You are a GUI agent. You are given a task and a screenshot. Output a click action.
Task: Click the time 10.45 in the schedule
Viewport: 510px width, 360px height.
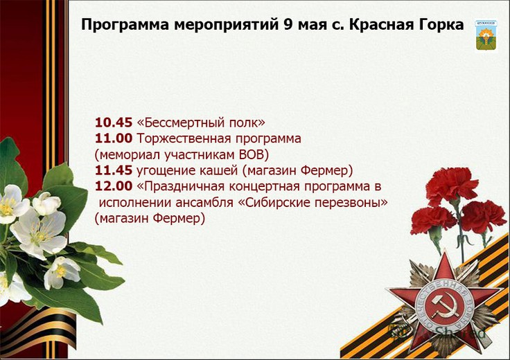pos(114,123)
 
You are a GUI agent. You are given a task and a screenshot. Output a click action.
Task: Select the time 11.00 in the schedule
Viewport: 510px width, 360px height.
pos(114,138)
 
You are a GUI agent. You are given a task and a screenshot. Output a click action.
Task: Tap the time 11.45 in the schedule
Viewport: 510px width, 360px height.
pos(114,170)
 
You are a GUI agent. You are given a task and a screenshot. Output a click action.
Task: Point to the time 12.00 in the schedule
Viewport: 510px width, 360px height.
pos(114,186)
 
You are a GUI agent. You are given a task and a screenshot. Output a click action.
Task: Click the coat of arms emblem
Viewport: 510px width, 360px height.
pos(486,36)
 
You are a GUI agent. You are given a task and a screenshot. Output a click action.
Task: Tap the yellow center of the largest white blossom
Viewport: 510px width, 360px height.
pos(39,235)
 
